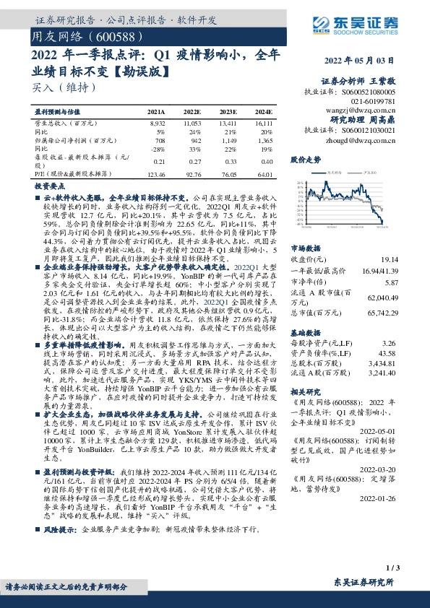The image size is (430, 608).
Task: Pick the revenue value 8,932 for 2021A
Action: tap(157, 124)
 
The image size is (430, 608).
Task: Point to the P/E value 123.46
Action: tap(157, 174)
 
